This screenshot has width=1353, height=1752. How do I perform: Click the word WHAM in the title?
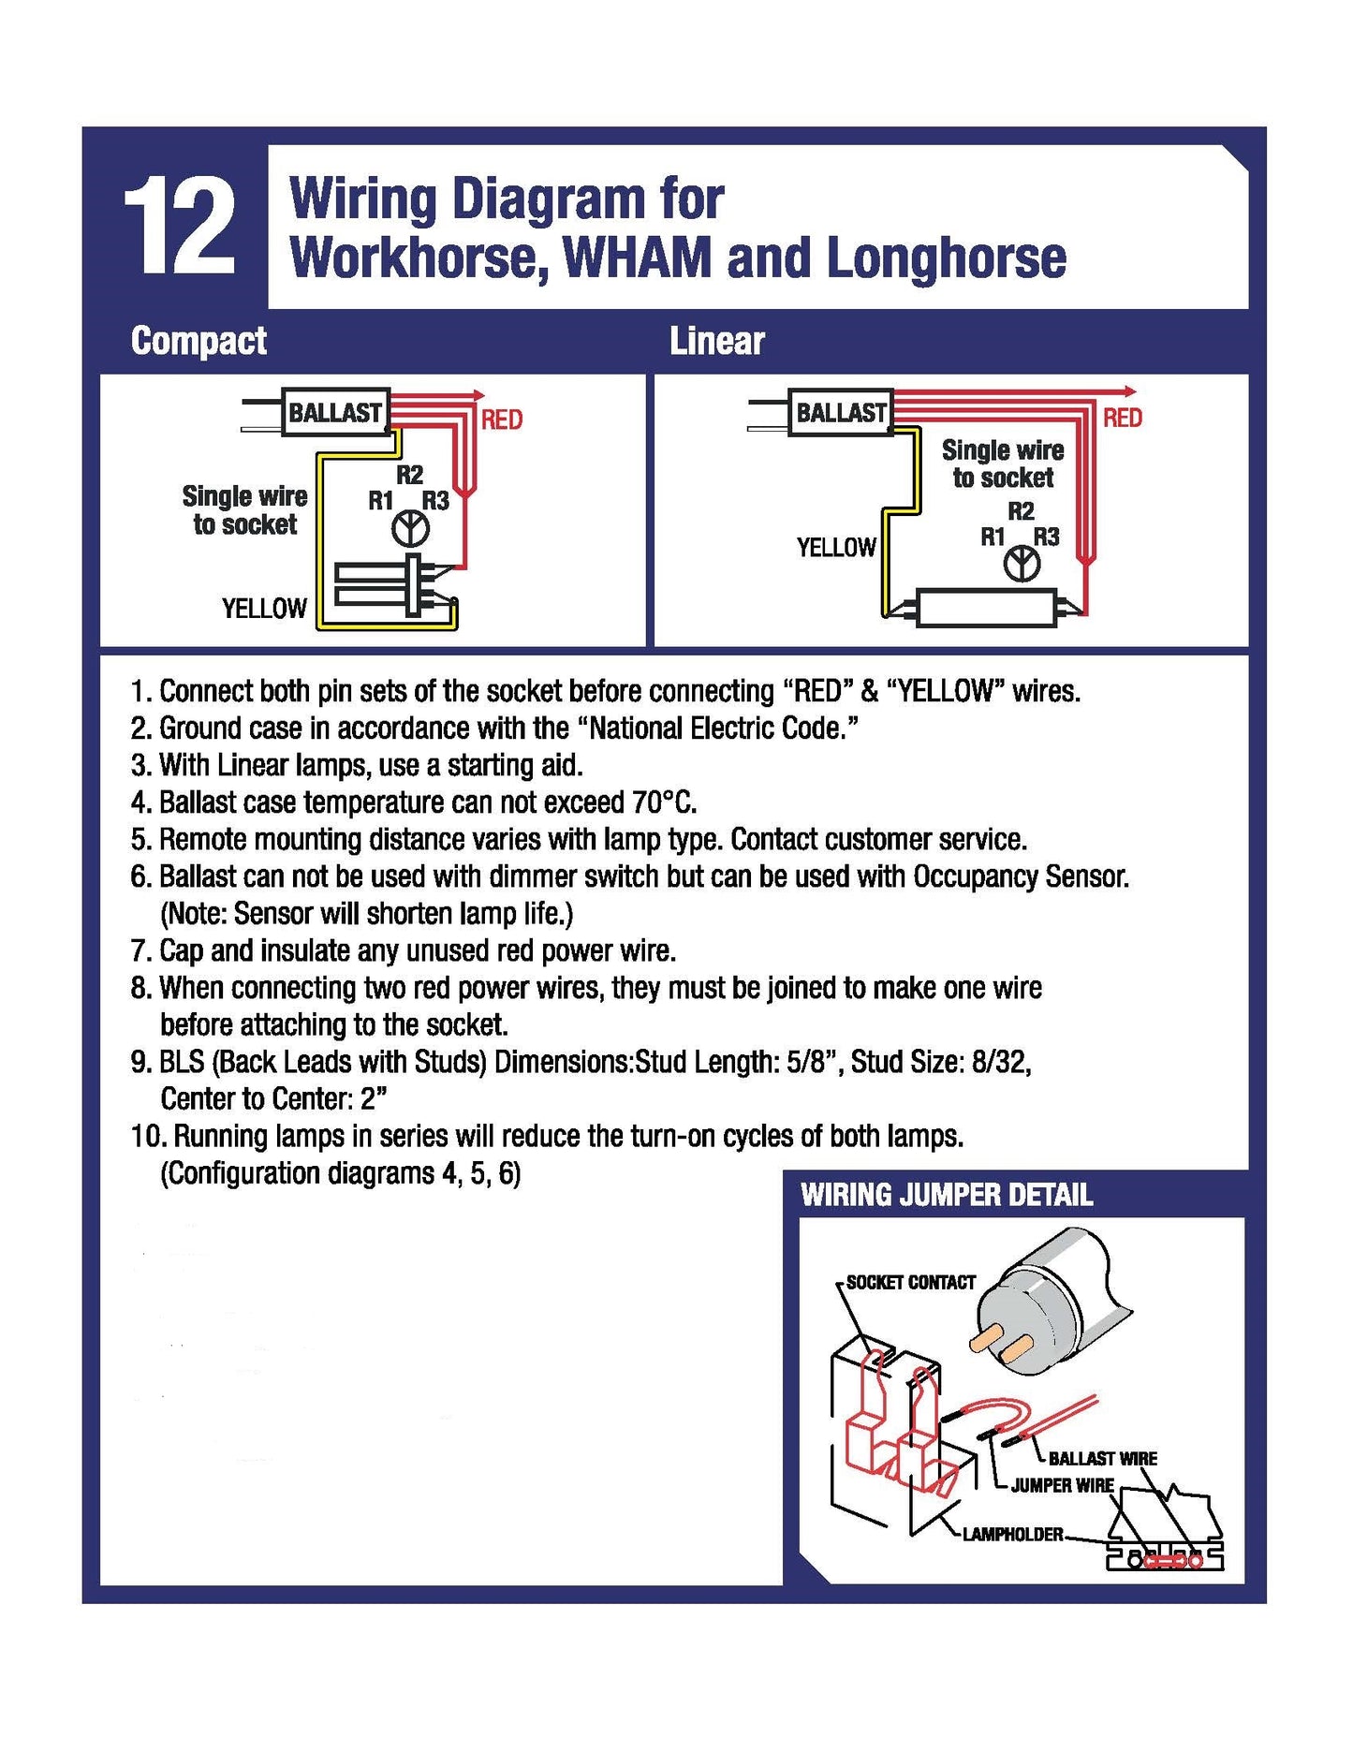[636, 258]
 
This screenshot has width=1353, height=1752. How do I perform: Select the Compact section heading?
[199, 341]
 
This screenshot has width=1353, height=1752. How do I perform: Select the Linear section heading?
[716, 341]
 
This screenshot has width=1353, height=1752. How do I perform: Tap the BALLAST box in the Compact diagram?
[335, 413]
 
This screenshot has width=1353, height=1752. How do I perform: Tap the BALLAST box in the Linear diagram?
[840, 412]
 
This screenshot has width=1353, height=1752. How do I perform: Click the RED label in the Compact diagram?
[502, 420]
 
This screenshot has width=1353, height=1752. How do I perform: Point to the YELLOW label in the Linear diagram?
[835, 548]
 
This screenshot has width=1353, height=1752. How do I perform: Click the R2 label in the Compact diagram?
[409, 475]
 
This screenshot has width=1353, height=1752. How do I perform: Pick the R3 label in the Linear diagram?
[1046, 537]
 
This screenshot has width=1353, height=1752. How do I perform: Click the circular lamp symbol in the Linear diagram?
[1022, 565]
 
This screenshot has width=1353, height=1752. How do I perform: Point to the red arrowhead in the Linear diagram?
[1130, 390]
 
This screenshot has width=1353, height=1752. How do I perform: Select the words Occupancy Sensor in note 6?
[1020, 876]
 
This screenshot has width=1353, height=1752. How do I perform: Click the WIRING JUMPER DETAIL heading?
[946, 1196]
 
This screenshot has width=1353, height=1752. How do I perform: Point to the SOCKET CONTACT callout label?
[910, 1283]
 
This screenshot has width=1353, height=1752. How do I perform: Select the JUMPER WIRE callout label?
[1062, 1485]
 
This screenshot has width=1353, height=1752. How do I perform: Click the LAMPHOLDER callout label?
[1012, 1535]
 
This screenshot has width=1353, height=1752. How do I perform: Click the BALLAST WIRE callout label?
[1102, 1459]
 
